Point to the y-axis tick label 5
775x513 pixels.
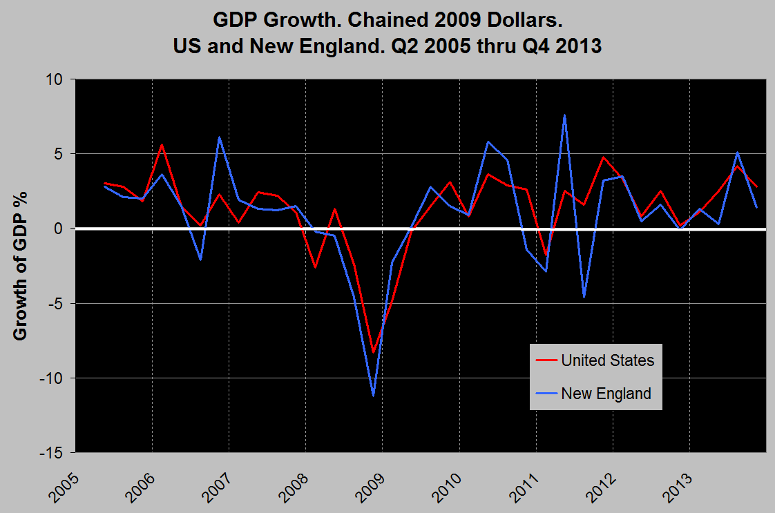(59, 154)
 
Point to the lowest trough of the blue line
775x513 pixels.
(373, 395)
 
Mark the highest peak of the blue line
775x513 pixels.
(565, 115)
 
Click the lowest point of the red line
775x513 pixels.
(373, 352)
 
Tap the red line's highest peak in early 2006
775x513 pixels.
(162, 144)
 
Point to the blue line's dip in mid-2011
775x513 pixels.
(584, 296)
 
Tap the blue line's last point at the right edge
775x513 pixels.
(757, 207)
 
